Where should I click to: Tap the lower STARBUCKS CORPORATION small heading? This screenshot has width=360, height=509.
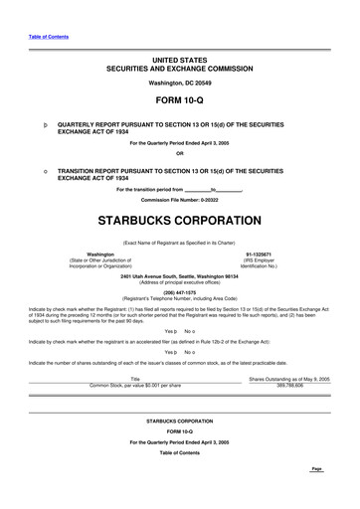click(179, 422)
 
